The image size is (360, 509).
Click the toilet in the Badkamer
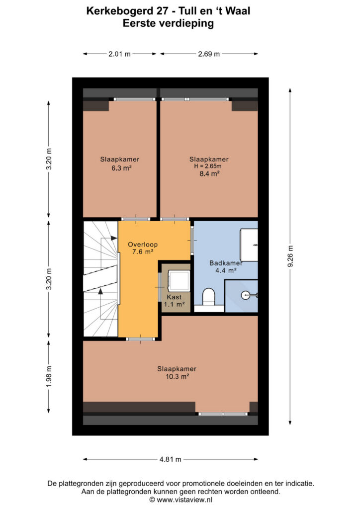click(x=209, y=297)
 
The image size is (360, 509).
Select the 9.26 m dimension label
click(x=290, y=256)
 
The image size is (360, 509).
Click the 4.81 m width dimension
click(x=170, y=459)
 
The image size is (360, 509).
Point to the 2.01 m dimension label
click(x=119, y=54)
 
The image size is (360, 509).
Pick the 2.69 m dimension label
click(x=209, y=54)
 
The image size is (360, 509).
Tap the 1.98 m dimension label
click(x=49, y=376)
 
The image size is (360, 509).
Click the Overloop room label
click(x=143, y=245)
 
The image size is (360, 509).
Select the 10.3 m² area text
click(x=177, y=377)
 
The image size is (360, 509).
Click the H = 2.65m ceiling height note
click(x=208, y=166)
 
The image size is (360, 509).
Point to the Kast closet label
click(x=174, y=297)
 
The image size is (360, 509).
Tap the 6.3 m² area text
click(x=121, y=168)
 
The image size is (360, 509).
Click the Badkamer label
click(x=226, y=263)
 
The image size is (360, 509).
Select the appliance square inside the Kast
click(x=178, y=280)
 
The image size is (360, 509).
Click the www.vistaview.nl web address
click(x=184, y=500)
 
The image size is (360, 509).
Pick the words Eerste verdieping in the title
click(x=168, y=23)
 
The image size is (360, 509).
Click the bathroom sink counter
click(x=249, y=245)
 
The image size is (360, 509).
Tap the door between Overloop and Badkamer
click(x=192, y=240)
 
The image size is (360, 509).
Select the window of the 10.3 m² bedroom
click(x=223, y=414)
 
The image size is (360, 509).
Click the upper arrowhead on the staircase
click(x=113, y=238)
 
